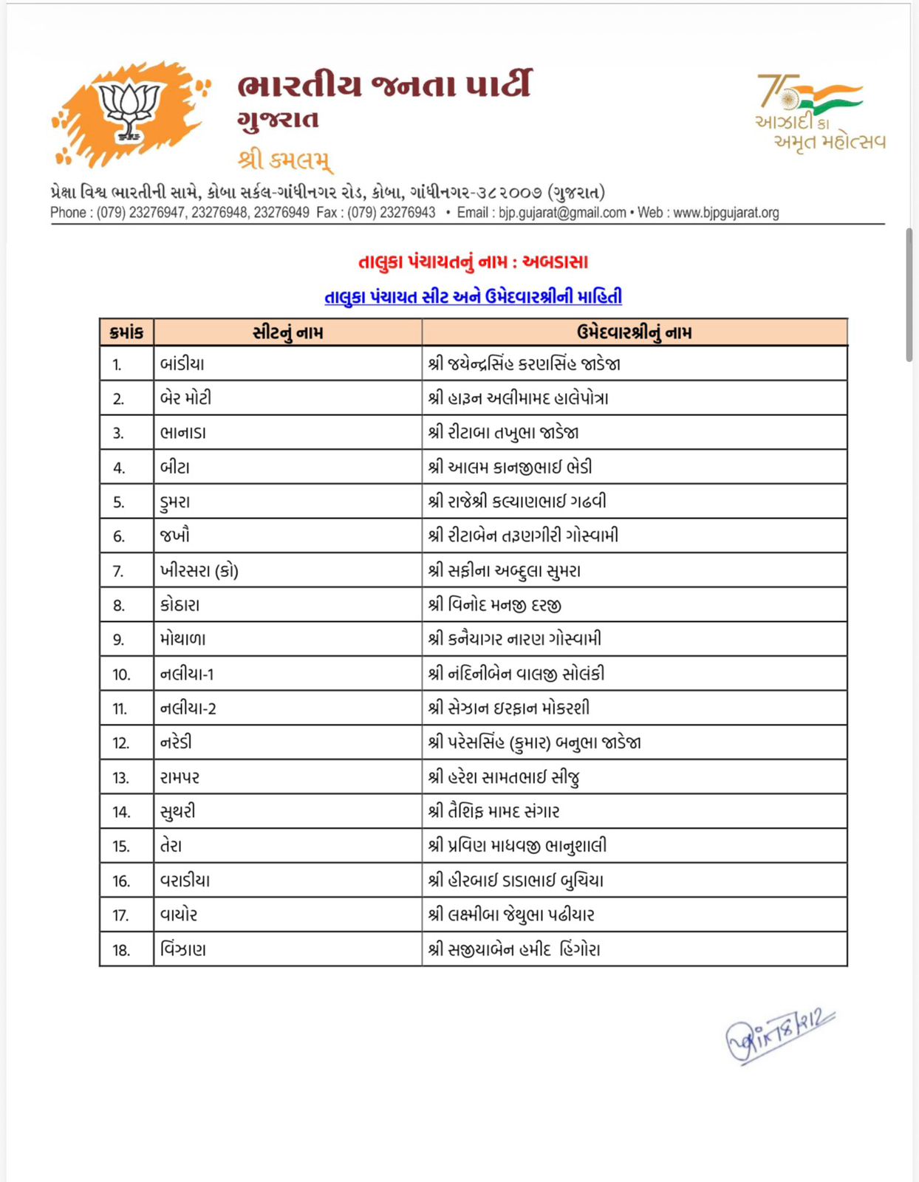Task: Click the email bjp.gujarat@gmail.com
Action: tap(561, 213)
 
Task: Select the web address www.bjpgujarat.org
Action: tap(725, 213)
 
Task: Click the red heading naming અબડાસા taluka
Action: tap(473, 262)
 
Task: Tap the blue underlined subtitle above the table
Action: tap(473, 296)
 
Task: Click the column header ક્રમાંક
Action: tap(126, 332)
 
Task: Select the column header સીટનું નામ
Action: tap(287, 332)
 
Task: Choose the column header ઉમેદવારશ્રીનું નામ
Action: tap(634, 332)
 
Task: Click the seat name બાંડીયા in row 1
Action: tap(182, 364)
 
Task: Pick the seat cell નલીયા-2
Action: tap(188, 708)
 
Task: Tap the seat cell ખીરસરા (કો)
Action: tap(199, 571)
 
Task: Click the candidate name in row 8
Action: tap(495, 605)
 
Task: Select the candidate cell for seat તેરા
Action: tap(517, 846)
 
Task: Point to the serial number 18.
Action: tap(121, 950)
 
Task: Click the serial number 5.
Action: tap(118, 502)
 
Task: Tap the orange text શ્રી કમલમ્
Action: tap(285, 160)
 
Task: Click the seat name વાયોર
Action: tap(179, 915)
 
